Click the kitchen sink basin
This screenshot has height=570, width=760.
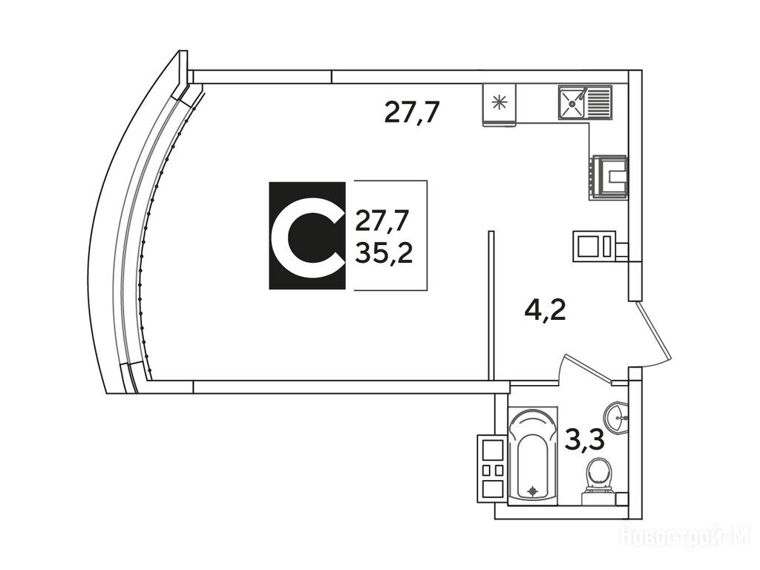click(573, 102)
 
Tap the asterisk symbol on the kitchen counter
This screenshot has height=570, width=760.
click(499, 102)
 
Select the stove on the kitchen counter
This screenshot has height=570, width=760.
click(609, 177)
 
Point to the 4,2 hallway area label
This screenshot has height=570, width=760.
click(546, 310)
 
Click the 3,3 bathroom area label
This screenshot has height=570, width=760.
click(585, 441)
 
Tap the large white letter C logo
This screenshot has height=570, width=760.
click(307, 236)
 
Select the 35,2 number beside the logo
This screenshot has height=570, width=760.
click(384, 252)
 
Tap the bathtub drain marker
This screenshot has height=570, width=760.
click(533, 491)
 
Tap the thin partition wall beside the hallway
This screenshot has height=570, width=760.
click(491, 305)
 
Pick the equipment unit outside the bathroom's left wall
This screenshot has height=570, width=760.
click(492, 468)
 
